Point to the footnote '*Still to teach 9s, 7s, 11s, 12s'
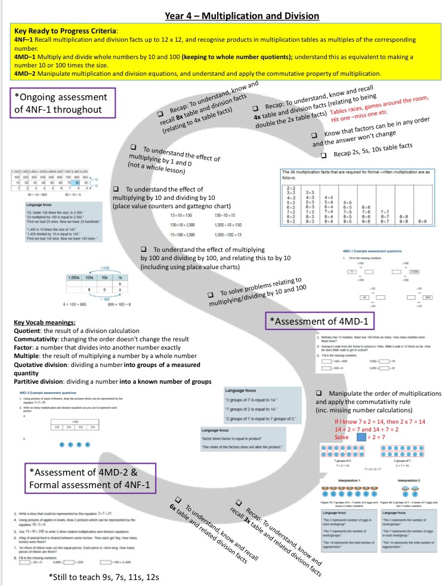(105, 576)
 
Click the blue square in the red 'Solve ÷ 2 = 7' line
(360, 437)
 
